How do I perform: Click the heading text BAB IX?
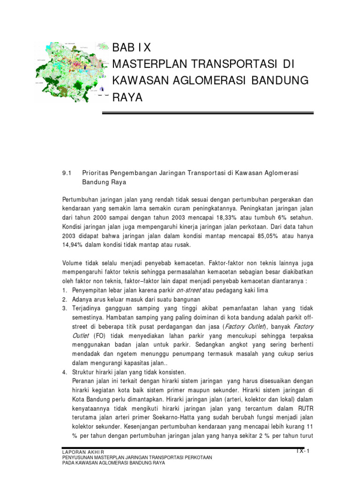(x=132, y=48)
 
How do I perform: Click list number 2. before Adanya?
(x=65, y=300)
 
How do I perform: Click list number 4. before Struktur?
(x=65, y=372)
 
